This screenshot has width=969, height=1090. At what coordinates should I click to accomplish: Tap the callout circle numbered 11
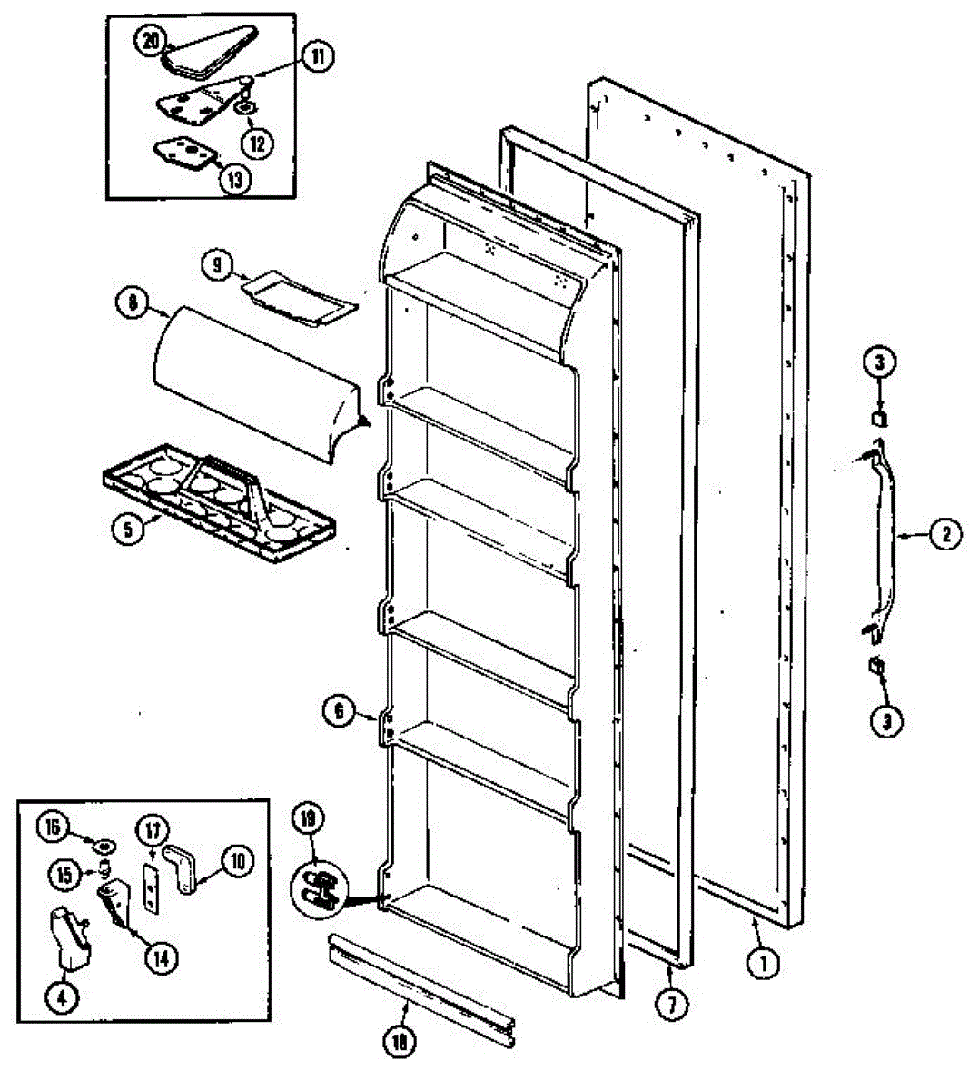317,58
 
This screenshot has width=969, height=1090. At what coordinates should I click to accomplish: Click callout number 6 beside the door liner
339,711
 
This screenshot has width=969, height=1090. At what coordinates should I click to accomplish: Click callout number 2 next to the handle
944,535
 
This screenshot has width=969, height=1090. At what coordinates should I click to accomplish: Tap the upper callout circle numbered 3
878,363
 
